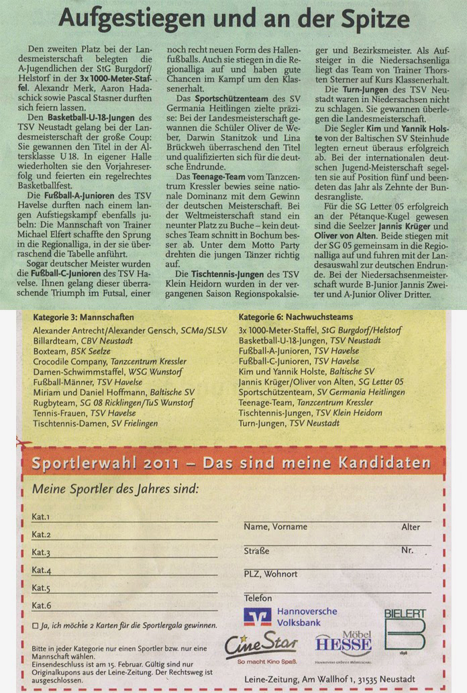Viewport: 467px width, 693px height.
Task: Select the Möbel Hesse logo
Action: tap(344, 645)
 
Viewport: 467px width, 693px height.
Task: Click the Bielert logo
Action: tap(405, 631)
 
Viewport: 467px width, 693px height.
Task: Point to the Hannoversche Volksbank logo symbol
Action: tap(258, 617)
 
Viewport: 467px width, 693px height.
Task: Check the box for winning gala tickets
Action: tap(34, 625)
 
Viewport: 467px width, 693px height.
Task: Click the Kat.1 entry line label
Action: tap(41, 517)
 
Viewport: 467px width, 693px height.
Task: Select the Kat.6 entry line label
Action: tap(41, 606)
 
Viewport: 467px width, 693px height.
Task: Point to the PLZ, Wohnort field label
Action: tap(270, 574)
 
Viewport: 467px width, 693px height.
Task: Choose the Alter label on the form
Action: tap(411, 527)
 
